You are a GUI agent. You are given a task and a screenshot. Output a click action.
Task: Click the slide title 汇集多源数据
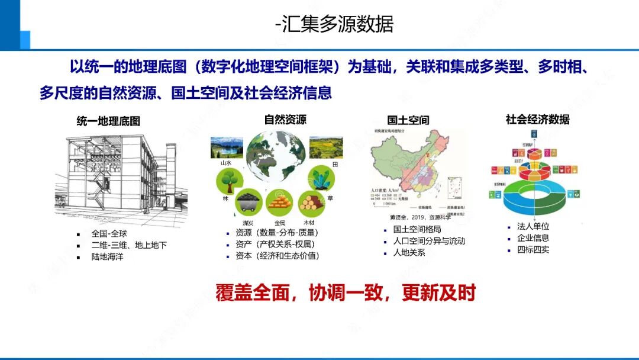(334, 24)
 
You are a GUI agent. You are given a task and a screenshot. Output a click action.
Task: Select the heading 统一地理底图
(108, 121)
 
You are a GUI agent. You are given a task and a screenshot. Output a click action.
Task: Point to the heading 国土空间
(408, 120)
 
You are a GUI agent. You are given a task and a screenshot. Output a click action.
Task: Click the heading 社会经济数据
(537, 120)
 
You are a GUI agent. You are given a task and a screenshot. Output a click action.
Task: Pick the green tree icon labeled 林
(227, 180)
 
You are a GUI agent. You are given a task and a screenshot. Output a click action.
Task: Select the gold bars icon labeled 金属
(279, 203)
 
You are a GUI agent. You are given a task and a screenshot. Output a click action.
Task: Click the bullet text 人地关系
(409, 253)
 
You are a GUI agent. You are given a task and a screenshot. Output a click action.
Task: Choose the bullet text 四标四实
(533, 249)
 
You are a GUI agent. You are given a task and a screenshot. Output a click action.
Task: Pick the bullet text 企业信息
(533, 238)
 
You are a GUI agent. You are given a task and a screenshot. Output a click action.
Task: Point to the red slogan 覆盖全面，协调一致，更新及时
(346, 293)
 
